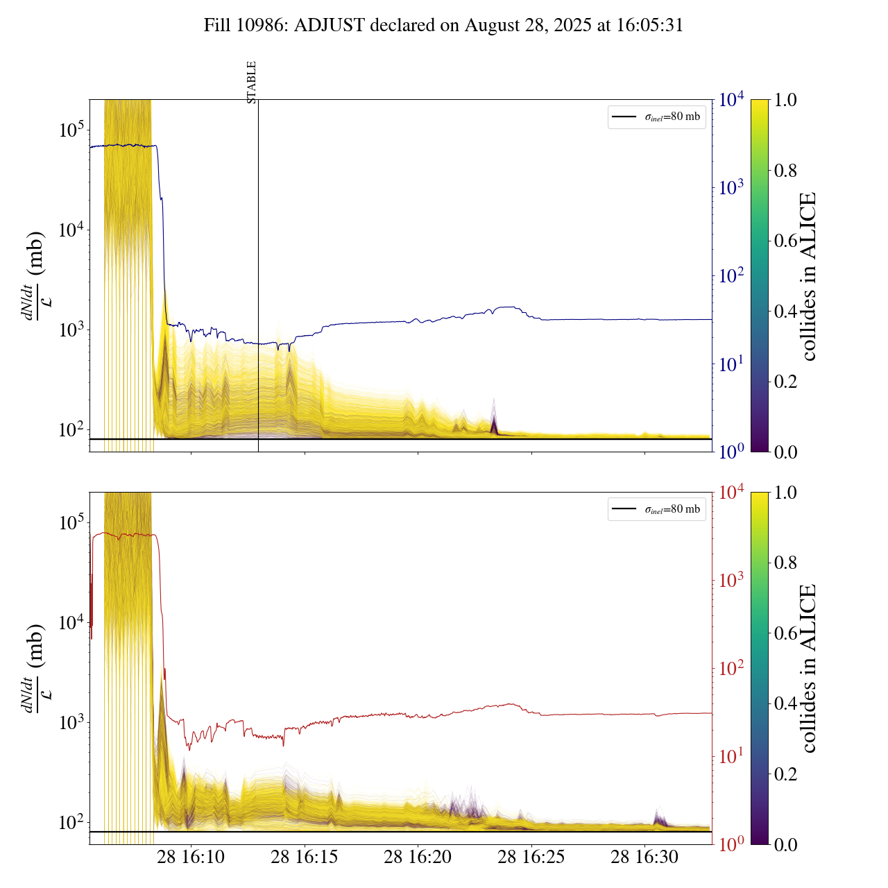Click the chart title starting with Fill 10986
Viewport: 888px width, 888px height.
pos(443,26)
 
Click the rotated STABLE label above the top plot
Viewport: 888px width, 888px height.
pos(252,82)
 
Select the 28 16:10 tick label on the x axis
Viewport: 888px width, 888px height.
pos(191,857)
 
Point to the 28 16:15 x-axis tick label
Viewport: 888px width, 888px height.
pos(305,857)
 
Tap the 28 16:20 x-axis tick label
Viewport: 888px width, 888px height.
pos(418,857)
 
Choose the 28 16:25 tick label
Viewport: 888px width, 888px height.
pos(531,857)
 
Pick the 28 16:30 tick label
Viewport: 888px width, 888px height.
pos(644,857)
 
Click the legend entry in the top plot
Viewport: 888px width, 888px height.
pos(656,117)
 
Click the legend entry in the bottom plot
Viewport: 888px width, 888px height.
pos(656,509)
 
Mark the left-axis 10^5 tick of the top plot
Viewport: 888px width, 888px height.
pos(71,130)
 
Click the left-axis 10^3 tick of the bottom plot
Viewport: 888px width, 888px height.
pos(71,722)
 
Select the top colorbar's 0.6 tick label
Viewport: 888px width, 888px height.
pos(785,241)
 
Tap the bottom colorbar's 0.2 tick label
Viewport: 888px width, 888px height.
pos(785,774)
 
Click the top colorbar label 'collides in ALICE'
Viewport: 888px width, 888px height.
pos(808,276)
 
